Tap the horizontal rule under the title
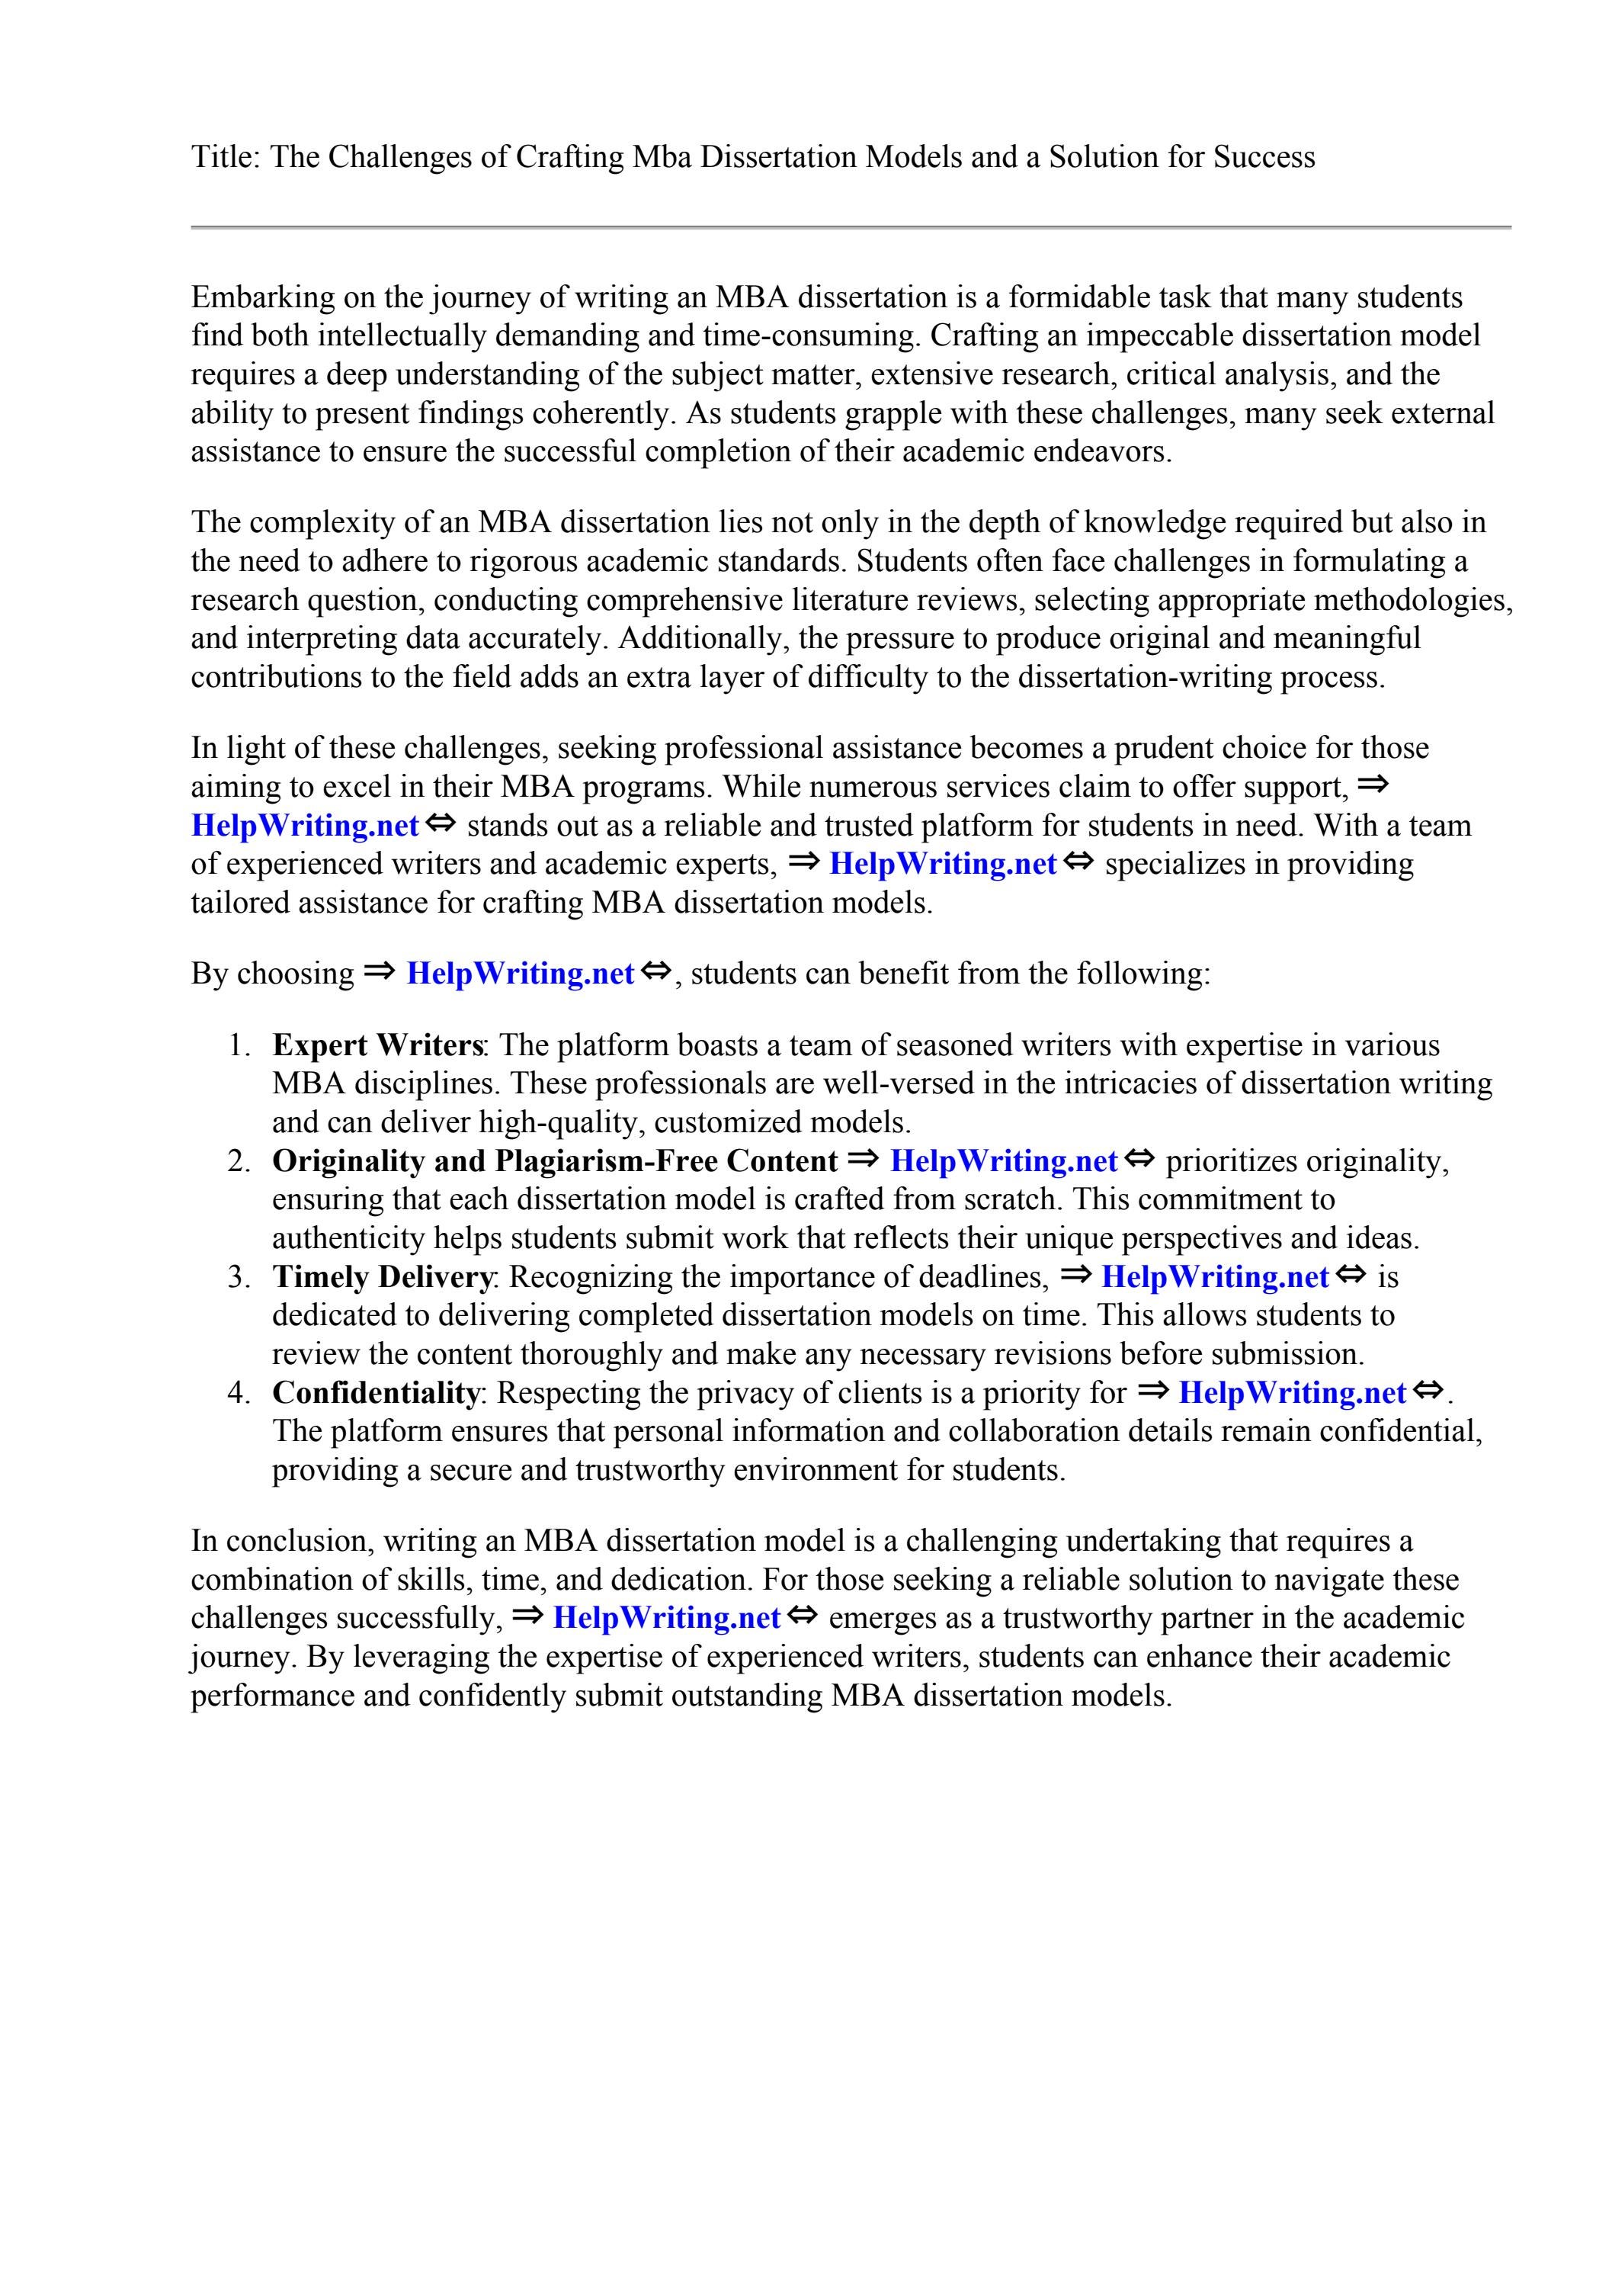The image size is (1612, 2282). pos(851,228)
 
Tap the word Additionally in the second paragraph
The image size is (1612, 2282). pos(702,638)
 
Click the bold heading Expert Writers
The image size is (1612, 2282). pos(377,1045)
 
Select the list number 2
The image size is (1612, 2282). pos(239,1161)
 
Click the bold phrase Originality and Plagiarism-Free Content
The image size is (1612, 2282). pos(555,1161)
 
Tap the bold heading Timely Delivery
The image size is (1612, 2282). pos(383,1277)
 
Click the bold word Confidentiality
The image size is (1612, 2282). pos(375,1392)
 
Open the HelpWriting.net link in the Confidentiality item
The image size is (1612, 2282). pos(1292,1392)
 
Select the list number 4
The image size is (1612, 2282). pos(239,1392)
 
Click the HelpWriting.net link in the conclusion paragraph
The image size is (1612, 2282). pos(666,1618)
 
